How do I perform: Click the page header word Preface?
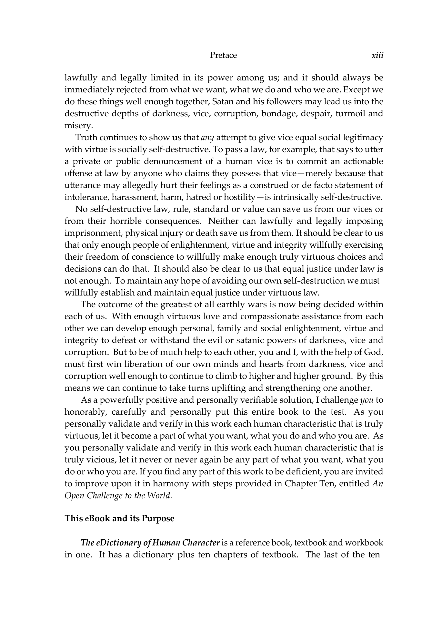[223, 55]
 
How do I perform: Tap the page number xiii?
[377, 55]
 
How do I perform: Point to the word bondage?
[279, 114]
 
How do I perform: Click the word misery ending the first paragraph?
[77, 126]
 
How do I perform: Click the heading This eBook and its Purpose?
[119, 518]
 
